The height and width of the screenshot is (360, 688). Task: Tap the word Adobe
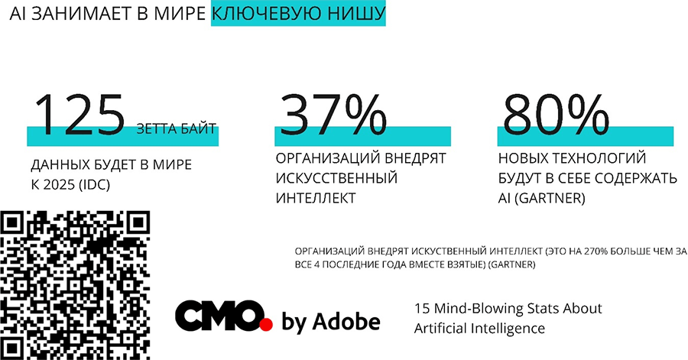[x=347, y=322]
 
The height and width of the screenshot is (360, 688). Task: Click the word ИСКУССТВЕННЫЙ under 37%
[x=336, y=178]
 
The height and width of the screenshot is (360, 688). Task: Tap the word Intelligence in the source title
[x=507, y=329]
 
